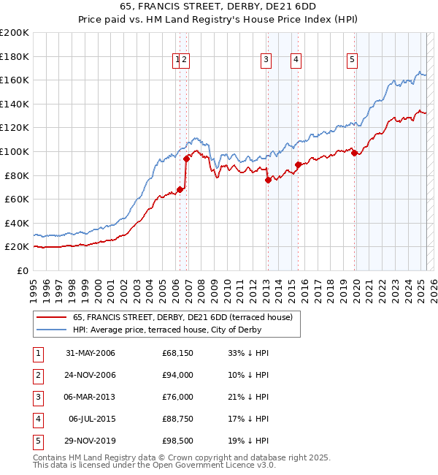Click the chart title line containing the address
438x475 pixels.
218,8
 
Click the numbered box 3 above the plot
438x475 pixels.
266,61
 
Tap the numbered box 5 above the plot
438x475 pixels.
352,61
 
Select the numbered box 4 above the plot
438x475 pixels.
296,61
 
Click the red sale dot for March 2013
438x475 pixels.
268,180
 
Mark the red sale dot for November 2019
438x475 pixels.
355,153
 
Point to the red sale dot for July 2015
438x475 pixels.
298,164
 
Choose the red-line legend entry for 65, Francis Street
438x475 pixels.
182,317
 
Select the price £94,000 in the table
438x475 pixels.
177,375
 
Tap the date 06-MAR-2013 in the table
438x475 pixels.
90,397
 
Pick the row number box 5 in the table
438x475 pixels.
37,441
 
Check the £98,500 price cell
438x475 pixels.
177,441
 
